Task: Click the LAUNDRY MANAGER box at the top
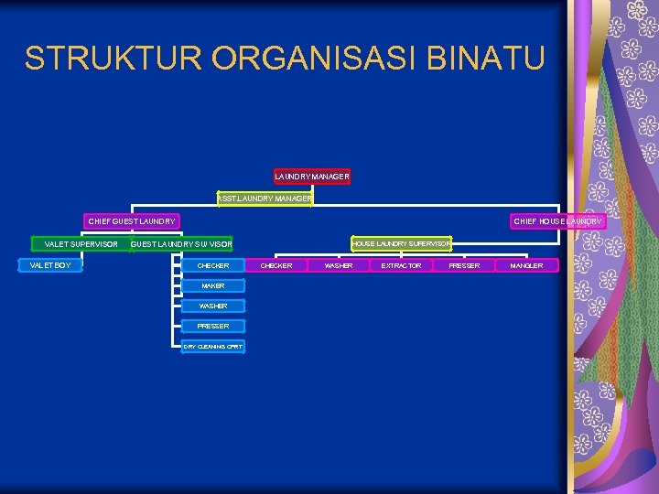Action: click(311, 176)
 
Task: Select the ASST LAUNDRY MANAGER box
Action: click(265, 198)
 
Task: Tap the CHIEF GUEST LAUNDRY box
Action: click(132, 221)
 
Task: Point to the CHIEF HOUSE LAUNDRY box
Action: click(556, 221)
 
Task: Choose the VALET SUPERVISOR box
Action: click(81, 244)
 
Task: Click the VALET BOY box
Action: click(50, 265)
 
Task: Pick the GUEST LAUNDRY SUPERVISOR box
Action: click(181, 244)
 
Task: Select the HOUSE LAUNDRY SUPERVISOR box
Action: click(402, 243)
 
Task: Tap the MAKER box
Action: click(213, 286)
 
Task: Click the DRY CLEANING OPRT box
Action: click(213, 347)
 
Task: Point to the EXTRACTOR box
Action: click(402, 265)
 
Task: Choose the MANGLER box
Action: click(526, 265)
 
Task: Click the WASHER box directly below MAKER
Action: click(213, 306)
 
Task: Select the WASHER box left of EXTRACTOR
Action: click(339, 265)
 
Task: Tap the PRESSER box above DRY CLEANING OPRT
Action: click(213, 326)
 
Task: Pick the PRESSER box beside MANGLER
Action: click(464, 265)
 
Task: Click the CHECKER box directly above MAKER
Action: click(213, 265)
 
